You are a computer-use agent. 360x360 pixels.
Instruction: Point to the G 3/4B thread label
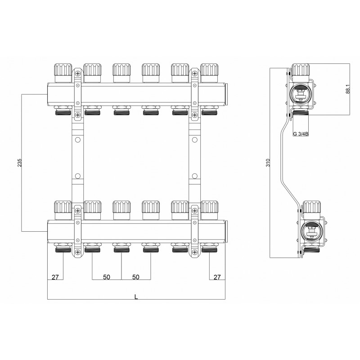pyautogui.click(x=301, y=134)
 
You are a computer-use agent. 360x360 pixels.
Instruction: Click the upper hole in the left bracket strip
pyautogui.click(x=77, y=140)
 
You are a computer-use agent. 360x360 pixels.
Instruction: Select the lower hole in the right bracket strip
pyautogui.click(x=194, y=176)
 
